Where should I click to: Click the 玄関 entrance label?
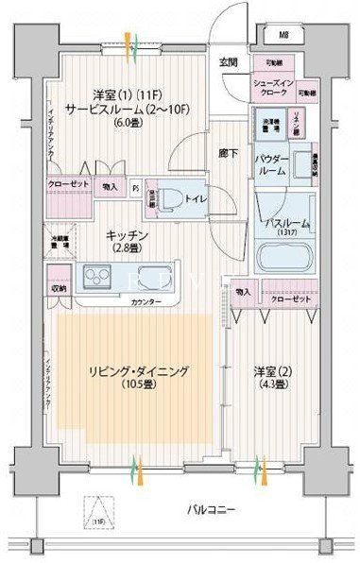(229, 62)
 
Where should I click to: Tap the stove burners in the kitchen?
(96, 277)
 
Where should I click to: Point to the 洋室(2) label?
(274, 369)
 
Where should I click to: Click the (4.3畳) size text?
(274, 384)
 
